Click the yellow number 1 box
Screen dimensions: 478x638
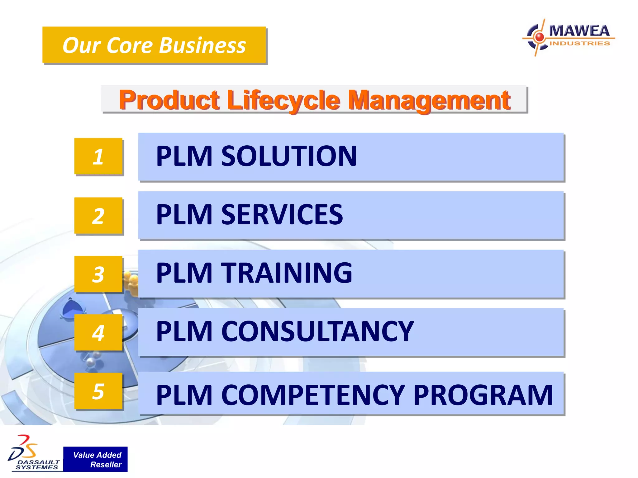pos(98,156)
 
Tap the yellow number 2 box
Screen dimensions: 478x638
pos(98,216)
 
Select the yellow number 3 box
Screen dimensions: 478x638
pos(98,274)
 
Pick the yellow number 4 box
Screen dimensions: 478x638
pos(98,332)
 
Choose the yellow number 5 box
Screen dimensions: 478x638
pos(98,391)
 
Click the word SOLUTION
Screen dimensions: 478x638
pos(289,156)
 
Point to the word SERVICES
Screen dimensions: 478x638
pos(282,214)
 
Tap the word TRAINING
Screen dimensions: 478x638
pos(287,273)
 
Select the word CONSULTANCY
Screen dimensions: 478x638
pos(317,331)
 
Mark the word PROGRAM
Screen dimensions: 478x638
pos(483,395)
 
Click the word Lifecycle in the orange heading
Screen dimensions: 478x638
pos(283,100)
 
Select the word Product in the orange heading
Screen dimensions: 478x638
pos(169,100)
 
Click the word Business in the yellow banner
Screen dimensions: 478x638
pos(202,45)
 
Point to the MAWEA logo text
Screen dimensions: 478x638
pos(579,31)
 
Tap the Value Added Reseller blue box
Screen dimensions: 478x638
pos(95,459)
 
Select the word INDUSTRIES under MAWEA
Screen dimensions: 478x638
pos(579,43)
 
